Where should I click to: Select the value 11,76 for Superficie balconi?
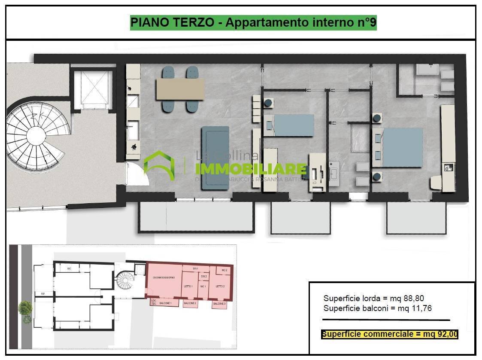coord(421,308)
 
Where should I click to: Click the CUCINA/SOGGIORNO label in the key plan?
coord(164,278)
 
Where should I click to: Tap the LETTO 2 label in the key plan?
coord(220,287)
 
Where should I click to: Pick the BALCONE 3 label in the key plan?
coord(219,304)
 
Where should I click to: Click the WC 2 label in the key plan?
coord(224,270)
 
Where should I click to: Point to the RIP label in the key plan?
coord(43,294)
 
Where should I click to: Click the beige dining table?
coord(181,89)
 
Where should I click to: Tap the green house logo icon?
coord(159,165)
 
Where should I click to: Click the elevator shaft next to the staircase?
coord(93,89)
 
